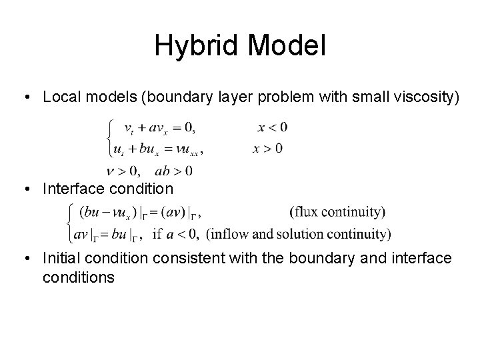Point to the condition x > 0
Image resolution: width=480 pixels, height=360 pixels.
tap(267, 148)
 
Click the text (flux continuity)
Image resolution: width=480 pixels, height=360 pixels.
tap(337, 213)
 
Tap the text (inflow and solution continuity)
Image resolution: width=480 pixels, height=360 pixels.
tap(299, 234)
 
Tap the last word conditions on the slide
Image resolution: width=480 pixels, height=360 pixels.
tap(78, 277)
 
